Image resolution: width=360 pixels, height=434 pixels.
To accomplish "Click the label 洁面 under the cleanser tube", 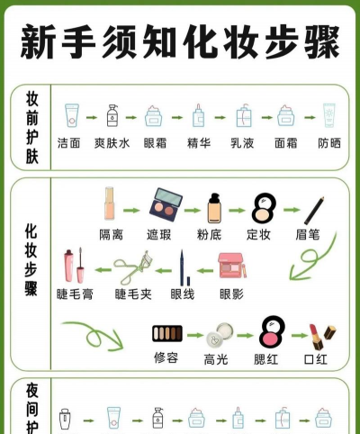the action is click(69, 143).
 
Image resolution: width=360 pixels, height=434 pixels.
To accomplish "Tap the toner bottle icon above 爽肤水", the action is click(112, 115).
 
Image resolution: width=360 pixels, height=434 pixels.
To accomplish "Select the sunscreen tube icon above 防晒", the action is click(329, 115).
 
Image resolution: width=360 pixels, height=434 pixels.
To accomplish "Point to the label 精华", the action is click(199, 143).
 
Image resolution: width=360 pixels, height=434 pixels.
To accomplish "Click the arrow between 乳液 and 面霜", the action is click(267, 117).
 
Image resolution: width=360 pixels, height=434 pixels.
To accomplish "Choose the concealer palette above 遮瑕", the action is click(166, 204).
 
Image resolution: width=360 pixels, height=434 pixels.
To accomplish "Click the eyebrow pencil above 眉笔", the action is click(314, 211).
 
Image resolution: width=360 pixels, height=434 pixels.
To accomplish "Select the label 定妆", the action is click(258, 234).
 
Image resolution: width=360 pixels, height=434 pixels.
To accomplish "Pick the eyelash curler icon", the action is click(133, 267).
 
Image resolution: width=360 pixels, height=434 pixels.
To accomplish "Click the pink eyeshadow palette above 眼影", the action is click(232, 266).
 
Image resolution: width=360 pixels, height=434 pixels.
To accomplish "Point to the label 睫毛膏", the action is click(75, 294).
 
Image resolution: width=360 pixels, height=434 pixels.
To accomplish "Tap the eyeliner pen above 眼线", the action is click(184, 267).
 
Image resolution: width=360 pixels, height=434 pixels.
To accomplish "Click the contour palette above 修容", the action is click(167, 333).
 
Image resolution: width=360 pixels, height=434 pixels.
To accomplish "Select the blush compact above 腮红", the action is click(272, 331).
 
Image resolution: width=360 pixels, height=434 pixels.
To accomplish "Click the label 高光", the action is click(216, 359).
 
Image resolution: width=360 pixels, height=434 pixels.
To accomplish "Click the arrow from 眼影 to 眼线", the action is click(205, 271).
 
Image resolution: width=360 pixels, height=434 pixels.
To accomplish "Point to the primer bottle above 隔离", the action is click(109, 203).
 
